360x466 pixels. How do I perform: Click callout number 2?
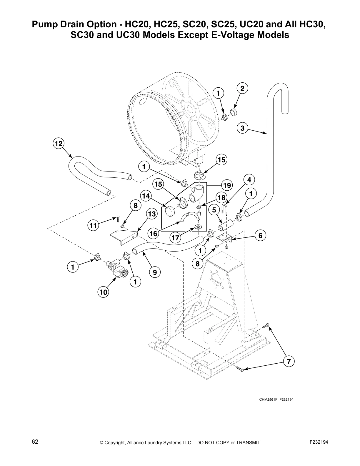242,88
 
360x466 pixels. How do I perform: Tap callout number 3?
242,128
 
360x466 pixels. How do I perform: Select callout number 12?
58,144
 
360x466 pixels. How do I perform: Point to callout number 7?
289,361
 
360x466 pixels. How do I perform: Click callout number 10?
103,292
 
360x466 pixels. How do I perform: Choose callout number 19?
227,185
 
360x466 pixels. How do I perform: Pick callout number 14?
146,196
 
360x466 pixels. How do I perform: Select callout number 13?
152,214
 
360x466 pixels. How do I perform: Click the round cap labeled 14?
169,211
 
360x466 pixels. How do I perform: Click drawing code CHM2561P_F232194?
276,400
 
